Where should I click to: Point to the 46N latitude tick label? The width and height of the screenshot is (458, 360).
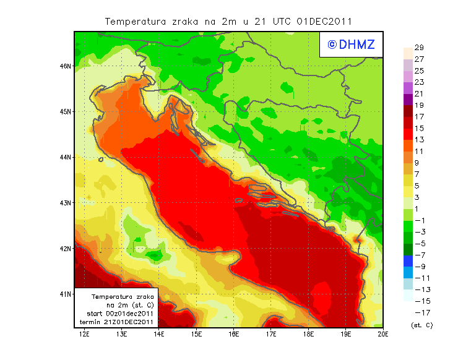(x=65, y=66)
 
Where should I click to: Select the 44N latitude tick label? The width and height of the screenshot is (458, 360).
(x=65, y=157)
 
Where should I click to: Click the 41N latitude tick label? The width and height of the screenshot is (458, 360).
(x=65, y=294)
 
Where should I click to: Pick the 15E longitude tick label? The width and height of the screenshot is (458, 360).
(x=196, y=335)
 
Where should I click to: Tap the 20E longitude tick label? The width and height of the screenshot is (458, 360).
(x=383, y=335)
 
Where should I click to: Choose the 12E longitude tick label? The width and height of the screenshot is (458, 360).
(x=85, y=335)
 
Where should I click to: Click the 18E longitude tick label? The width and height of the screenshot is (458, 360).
(x=308, y=335)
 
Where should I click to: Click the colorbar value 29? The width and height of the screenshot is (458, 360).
(x=419, y=48)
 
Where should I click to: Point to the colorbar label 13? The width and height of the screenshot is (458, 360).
(x=419, y=140)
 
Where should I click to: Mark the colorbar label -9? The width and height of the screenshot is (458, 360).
(x=419, y=266)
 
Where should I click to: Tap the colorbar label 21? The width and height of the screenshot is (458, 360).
(x=419, y=93)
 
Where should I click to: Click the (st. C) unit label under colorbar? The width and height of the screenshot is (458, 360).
(x=421, y=325)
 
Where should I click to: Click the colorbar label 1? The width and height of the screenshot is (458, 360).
(x=419, y=208)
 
